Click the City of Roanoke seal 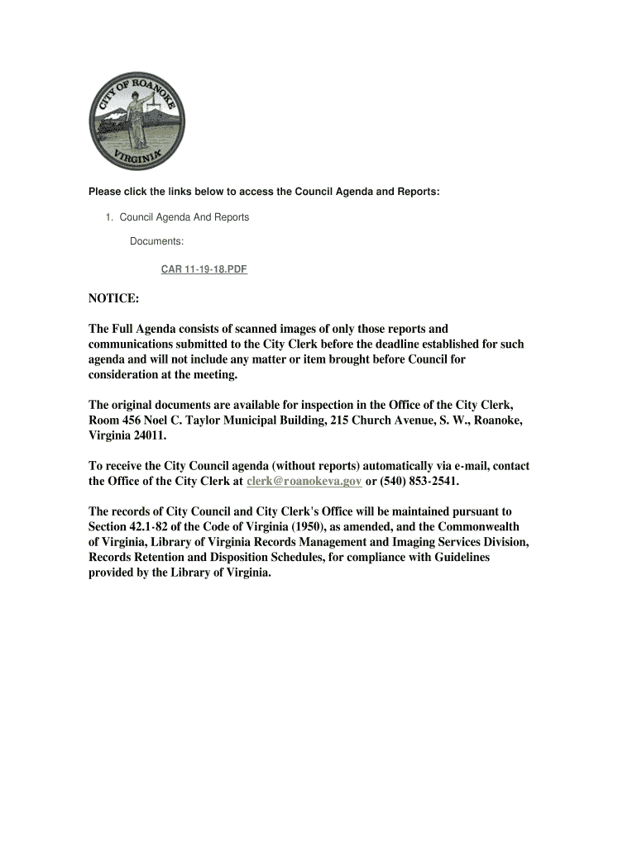(136, 121)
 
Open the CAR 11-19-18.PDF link (204, 269)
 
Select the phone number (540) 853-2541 (418, 482)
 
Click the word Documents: (156, 242)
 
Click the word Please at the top (108, 192)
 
